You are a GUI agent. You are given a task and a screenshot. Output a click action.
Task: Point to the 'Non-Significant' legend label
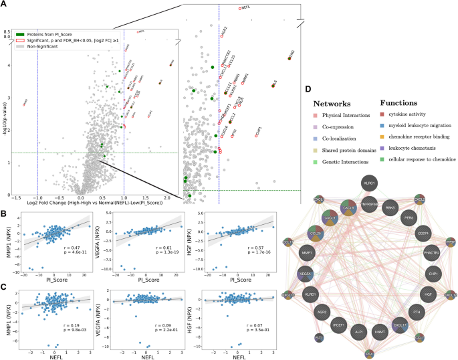click(x=51, y=48)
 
